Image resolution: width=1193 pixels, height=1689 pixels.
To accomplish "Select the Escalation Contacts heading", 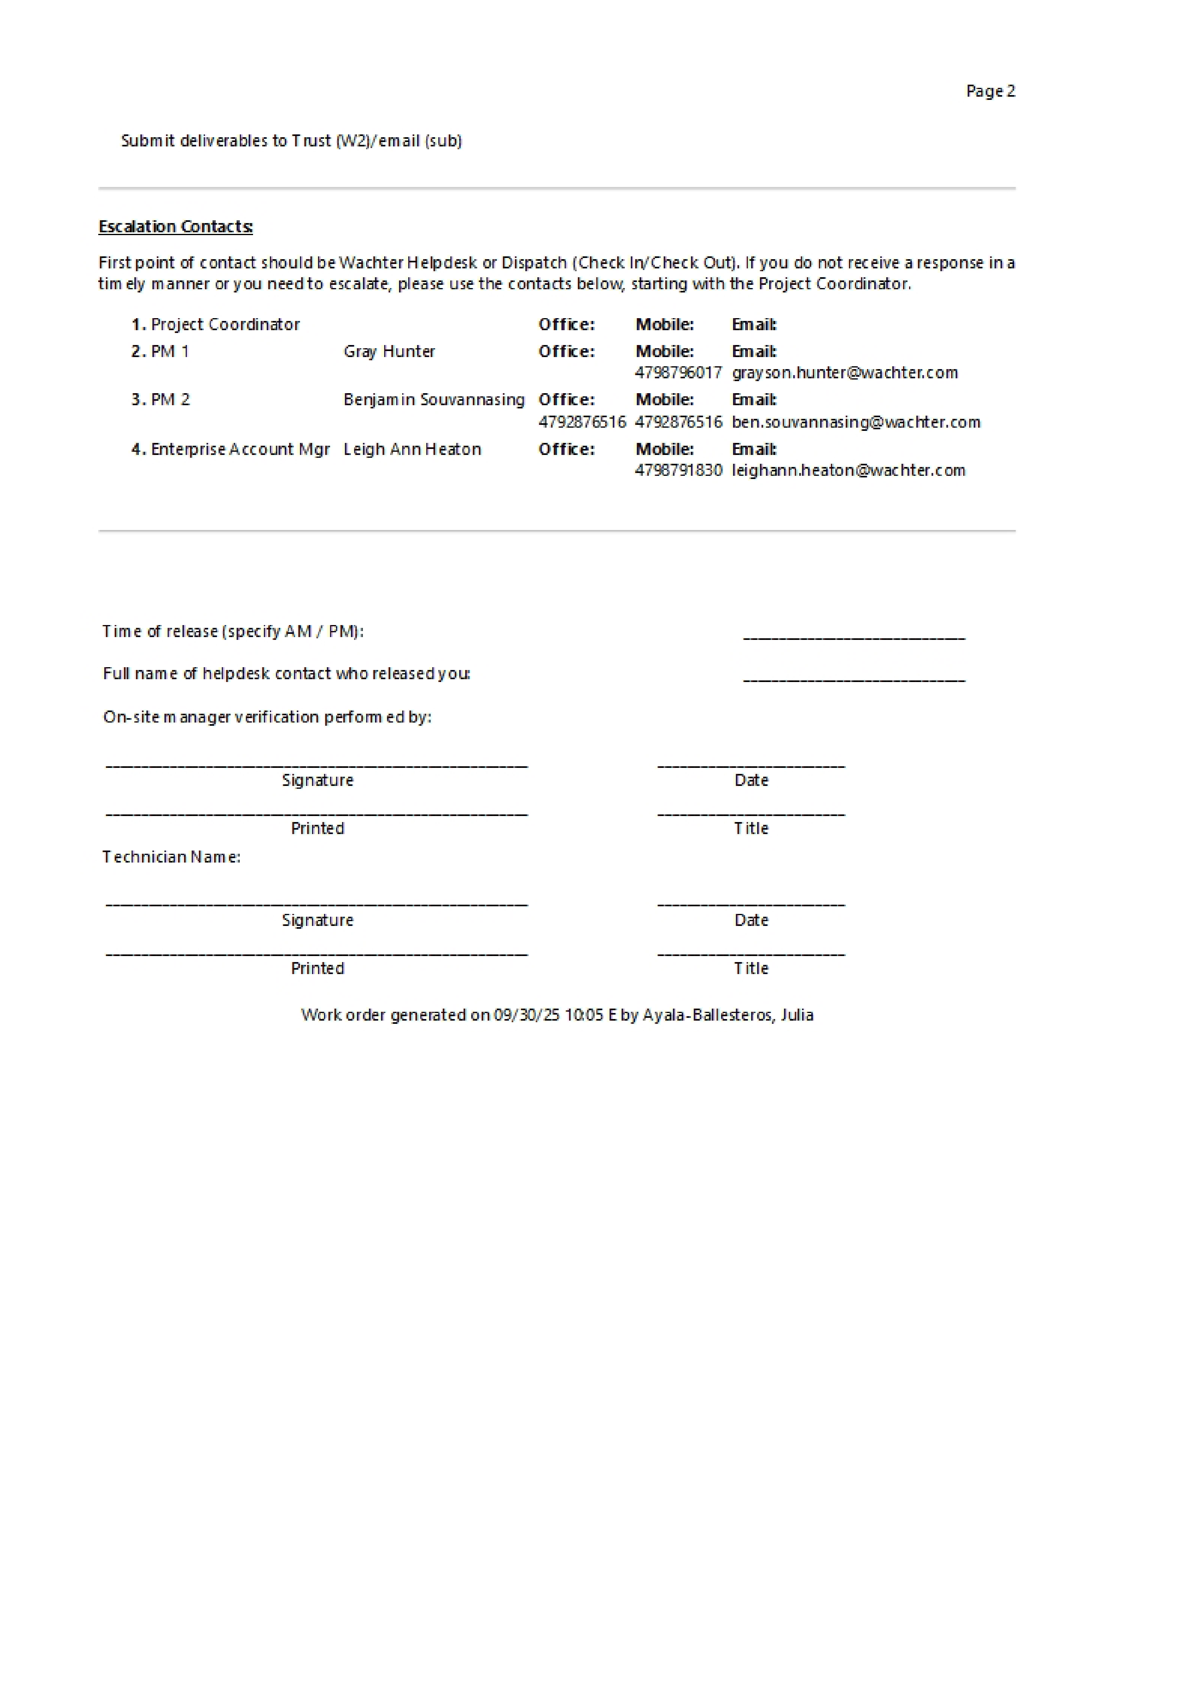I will [x=176, y=227].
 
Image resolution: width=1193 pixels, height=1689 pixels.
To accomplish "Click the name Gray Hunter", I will [x=389, y=351].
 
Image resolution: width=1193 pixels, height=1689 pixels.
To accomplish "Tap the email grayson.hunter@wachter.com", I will [x=845, y=373].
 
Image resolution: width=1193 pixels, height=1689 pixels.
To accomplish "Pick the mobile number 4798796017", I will [x=678, y=373].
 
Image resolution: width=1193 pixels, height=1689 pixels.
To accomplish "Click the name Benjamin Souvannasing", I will [x=434, y=400].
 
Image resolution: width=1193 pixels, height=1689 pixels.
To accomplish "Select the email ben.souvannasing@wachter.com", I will [x=856, y=422].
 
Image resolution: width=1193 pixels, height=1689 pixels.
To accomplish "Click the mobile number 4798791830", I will [x=678, y=471].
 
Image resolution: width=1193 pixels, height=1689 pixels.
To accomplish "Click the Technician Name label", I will [x=171, y=857].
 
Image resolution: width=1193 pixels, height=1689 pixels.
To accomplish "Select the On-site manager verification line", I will [x=267, y=717].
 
